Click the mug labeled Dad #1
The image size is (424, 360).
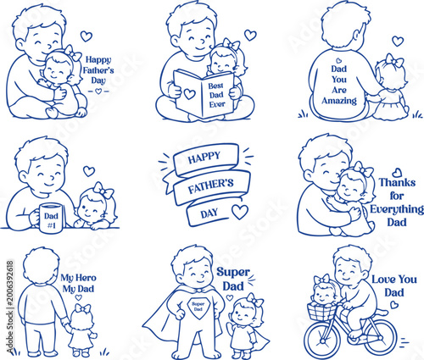(51, 218)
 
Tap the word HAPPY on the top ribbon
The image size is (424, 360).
(204, 158)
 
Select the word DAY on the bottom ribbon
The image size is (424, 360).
(209, 213)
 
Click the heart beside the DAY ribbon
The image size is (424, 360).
(240, 212)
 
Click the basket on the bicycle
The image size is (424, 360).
(321, 311)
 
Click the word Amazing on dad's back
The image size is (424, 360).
(339, 101)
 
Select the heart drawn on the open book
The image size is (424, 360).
(189, 94)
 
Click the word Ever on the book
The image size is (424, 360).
(217, 104)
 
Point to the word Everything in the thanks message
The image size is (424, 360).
(397, 209)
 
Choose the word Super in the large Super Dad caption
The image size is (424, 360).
(233, 273)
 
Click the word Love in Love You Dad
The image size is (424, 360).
(382, 280)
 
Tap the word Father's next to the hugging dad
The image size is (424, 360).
(98, 70)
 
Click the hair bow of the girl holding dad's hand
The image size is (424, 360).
(82, 308)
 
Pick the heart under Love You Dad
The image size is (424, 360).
(394, 305)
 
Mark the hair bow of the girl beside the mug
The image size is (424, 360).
(103, 190)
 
